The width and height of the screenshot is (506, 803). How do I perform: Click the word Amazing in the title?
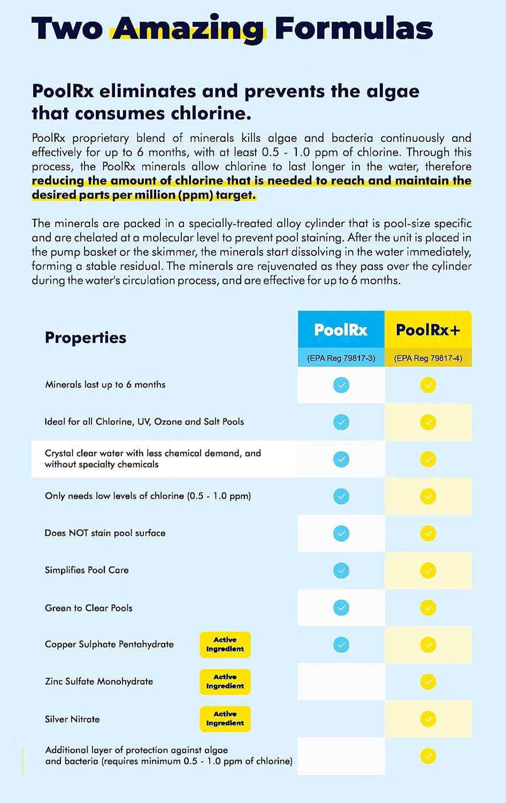[188, 29]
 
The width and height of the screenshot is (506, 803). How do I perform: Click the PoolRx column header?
[341, 330]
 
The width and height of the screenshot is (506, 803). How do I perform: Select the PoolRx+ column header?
[428, 330]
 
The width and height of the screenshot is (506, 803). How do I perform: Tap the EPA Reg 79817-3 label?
[341, 358]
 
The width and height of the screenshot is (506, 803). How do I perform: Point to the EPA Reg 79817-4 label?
[428, 358]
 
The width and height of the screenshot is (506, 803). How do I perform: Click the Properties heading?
[86, 338]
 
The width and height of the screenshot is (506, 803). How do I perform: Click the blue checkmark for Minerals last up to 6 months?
[341, 385]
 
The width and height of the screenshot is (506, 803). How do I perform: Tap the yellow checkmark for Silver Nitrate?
[428, 719]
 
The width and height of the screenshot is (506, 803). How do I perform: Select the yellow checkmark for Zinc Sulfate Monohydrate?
[428, 682]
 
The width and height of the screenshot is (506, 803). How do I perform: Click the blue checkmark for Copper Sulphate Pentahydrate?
[341, 645]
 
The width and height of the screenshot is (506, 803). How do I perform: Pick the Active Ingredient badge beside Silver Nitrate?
[225, 718]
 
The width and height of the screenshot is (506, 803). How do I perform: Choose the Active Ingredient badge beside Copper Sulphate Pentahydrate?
[225, 645]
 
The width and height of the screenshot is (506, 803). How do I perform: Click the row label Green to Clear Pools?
[89, 608]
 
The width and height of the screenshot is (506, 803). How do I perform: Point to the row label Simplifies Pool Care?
[87, 570]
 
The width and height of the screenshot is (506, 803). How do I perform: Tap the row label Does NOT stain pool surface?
[105, 533]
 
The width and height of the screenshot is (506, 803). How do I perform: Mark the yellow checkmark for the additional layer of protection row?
[428, 756]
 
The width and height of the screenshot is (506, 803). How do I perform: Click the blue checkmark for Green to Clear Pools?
[341, 608]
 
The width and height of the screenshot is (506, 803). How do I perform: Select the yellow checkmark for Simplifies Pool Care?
[428, 571]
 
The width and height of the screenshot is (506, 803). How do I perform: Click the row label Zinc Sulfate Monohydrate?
[99, 681]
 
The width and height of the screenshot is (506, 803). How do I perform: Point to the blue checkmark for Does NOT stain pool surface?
[341, 533]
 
